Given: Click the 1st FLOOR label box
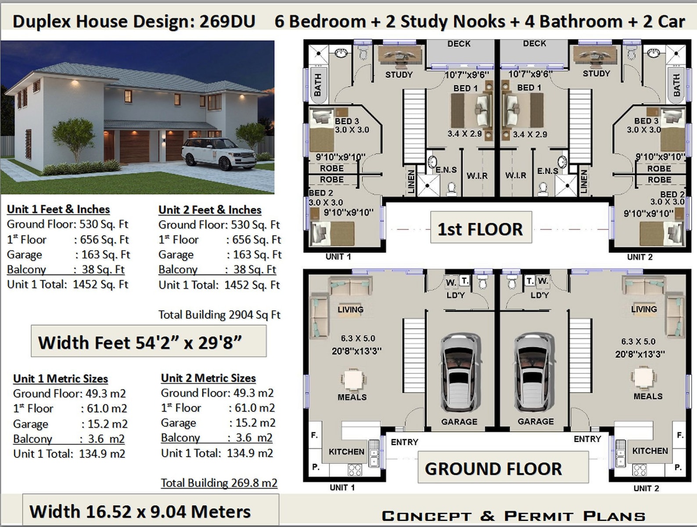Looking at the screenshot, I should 481,228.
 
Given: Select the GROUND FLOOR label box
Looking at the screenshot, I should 493,468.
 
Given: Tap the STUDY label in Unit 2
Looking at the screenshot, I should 596,74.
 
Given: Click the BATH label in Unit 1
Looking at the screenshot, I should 317,85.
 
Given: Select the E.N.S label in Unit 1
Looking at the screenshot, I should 446,170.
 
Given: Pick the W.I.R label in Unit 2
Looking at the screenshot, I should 515,175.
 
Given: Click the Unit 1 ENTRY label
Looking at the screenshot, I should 404,442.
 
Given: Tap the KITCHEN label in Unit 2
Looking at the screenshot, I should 650,451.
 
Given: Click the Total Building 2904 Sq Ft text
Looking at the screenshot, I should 219,315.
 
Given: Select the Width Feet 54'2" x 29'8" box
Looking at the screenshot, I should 148,342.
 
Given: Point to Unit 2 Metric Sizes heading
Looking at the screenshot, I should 208,378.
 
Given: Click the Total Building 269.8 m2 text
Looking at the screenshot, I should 219,483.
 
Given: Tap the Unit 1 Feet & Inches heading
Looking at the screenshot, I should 58,209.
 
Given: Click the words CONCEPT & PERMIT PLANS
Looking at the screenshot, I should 513,516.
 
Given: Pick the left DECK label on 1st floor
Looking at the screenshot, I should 459,44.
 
